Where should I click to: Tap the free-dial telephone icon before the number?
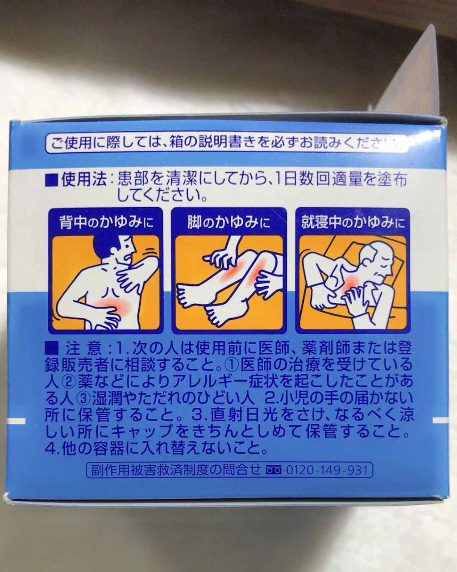[274, 471]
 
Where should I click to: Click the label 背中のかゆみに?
[106, 222]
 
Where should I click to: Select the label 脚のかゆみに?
[229, 222]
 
